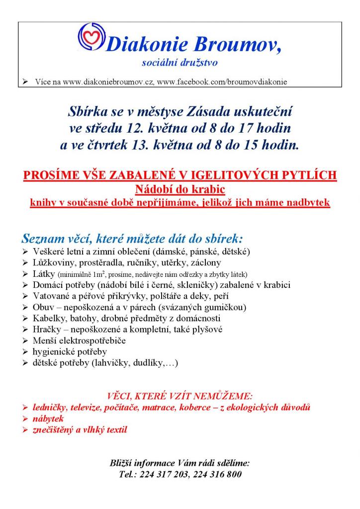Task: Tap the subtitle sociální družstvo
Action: [180, 63]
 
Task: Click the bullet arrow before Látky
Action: [26, 274]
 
